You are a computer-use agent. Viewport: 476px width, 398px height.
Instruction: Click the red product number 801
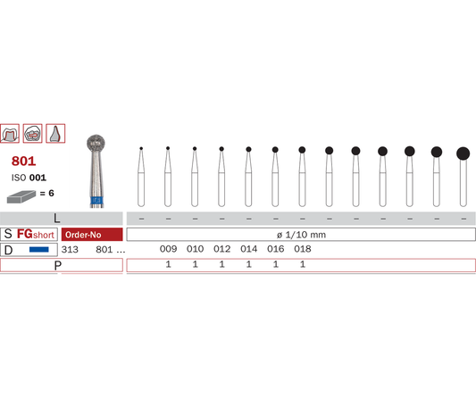pyautogui.click(x=24, y=161)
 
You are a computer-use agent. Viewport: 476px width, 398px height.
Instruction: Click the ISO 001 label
pyautogui.click(x=29, y=178)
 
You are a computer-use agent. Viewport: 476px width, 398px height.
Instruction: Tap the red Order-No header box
pyautogui.click(x=92, y=235)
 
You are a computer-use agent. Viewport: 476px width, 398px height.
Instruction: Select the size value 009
pyautogui.click(x=168, y=249)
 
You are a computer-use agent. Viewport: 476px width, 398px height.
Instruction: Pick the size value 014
pyautogui.click(x=248, y=249)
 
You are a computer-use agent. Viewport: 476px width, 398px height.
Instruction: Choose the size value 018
pyautogui.click(x=303, y=249)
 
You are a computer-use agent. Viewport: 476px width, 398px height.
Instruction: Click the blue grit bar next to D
pyautogui.click(x=39, y=250)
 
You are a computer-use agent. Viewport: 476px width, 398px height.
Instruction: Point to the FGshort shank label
pyautogui.click(x=36, y=234)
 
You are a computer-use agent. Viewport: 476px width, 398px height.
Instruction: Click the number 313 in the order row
pyautogui.click(x=70, y=249)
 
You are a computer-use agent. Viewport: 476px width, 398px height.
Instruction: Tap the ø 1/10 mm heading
pyautogui.click(x=301, y=235)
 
